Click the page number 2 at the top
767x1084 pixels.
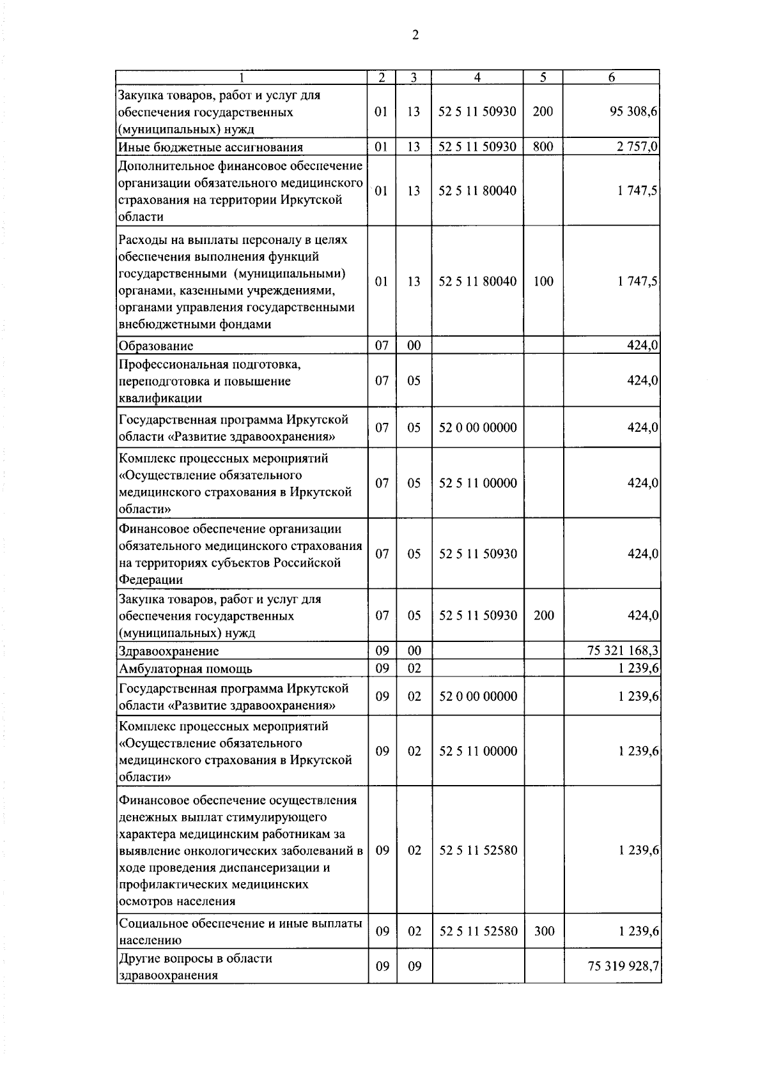415,36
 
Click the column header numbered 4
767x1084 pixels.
477,77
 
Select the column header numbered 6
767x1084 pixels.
611,77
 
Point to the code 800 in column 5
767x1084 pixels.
543,147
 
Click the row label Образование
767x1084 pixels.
156,346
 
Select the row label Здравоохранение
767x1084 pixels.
169,652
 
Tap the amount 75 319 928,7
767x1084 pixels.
623,966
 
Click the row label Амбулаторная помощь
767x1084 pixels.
185,669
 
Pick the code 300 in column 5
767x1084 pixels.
544,931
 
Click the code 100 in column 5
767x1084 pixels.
543,282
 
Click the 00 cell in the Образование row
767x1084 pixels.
414,346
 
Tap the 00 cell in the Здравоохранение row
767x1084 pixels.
414,652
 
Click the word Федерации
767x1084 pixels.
151,580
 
